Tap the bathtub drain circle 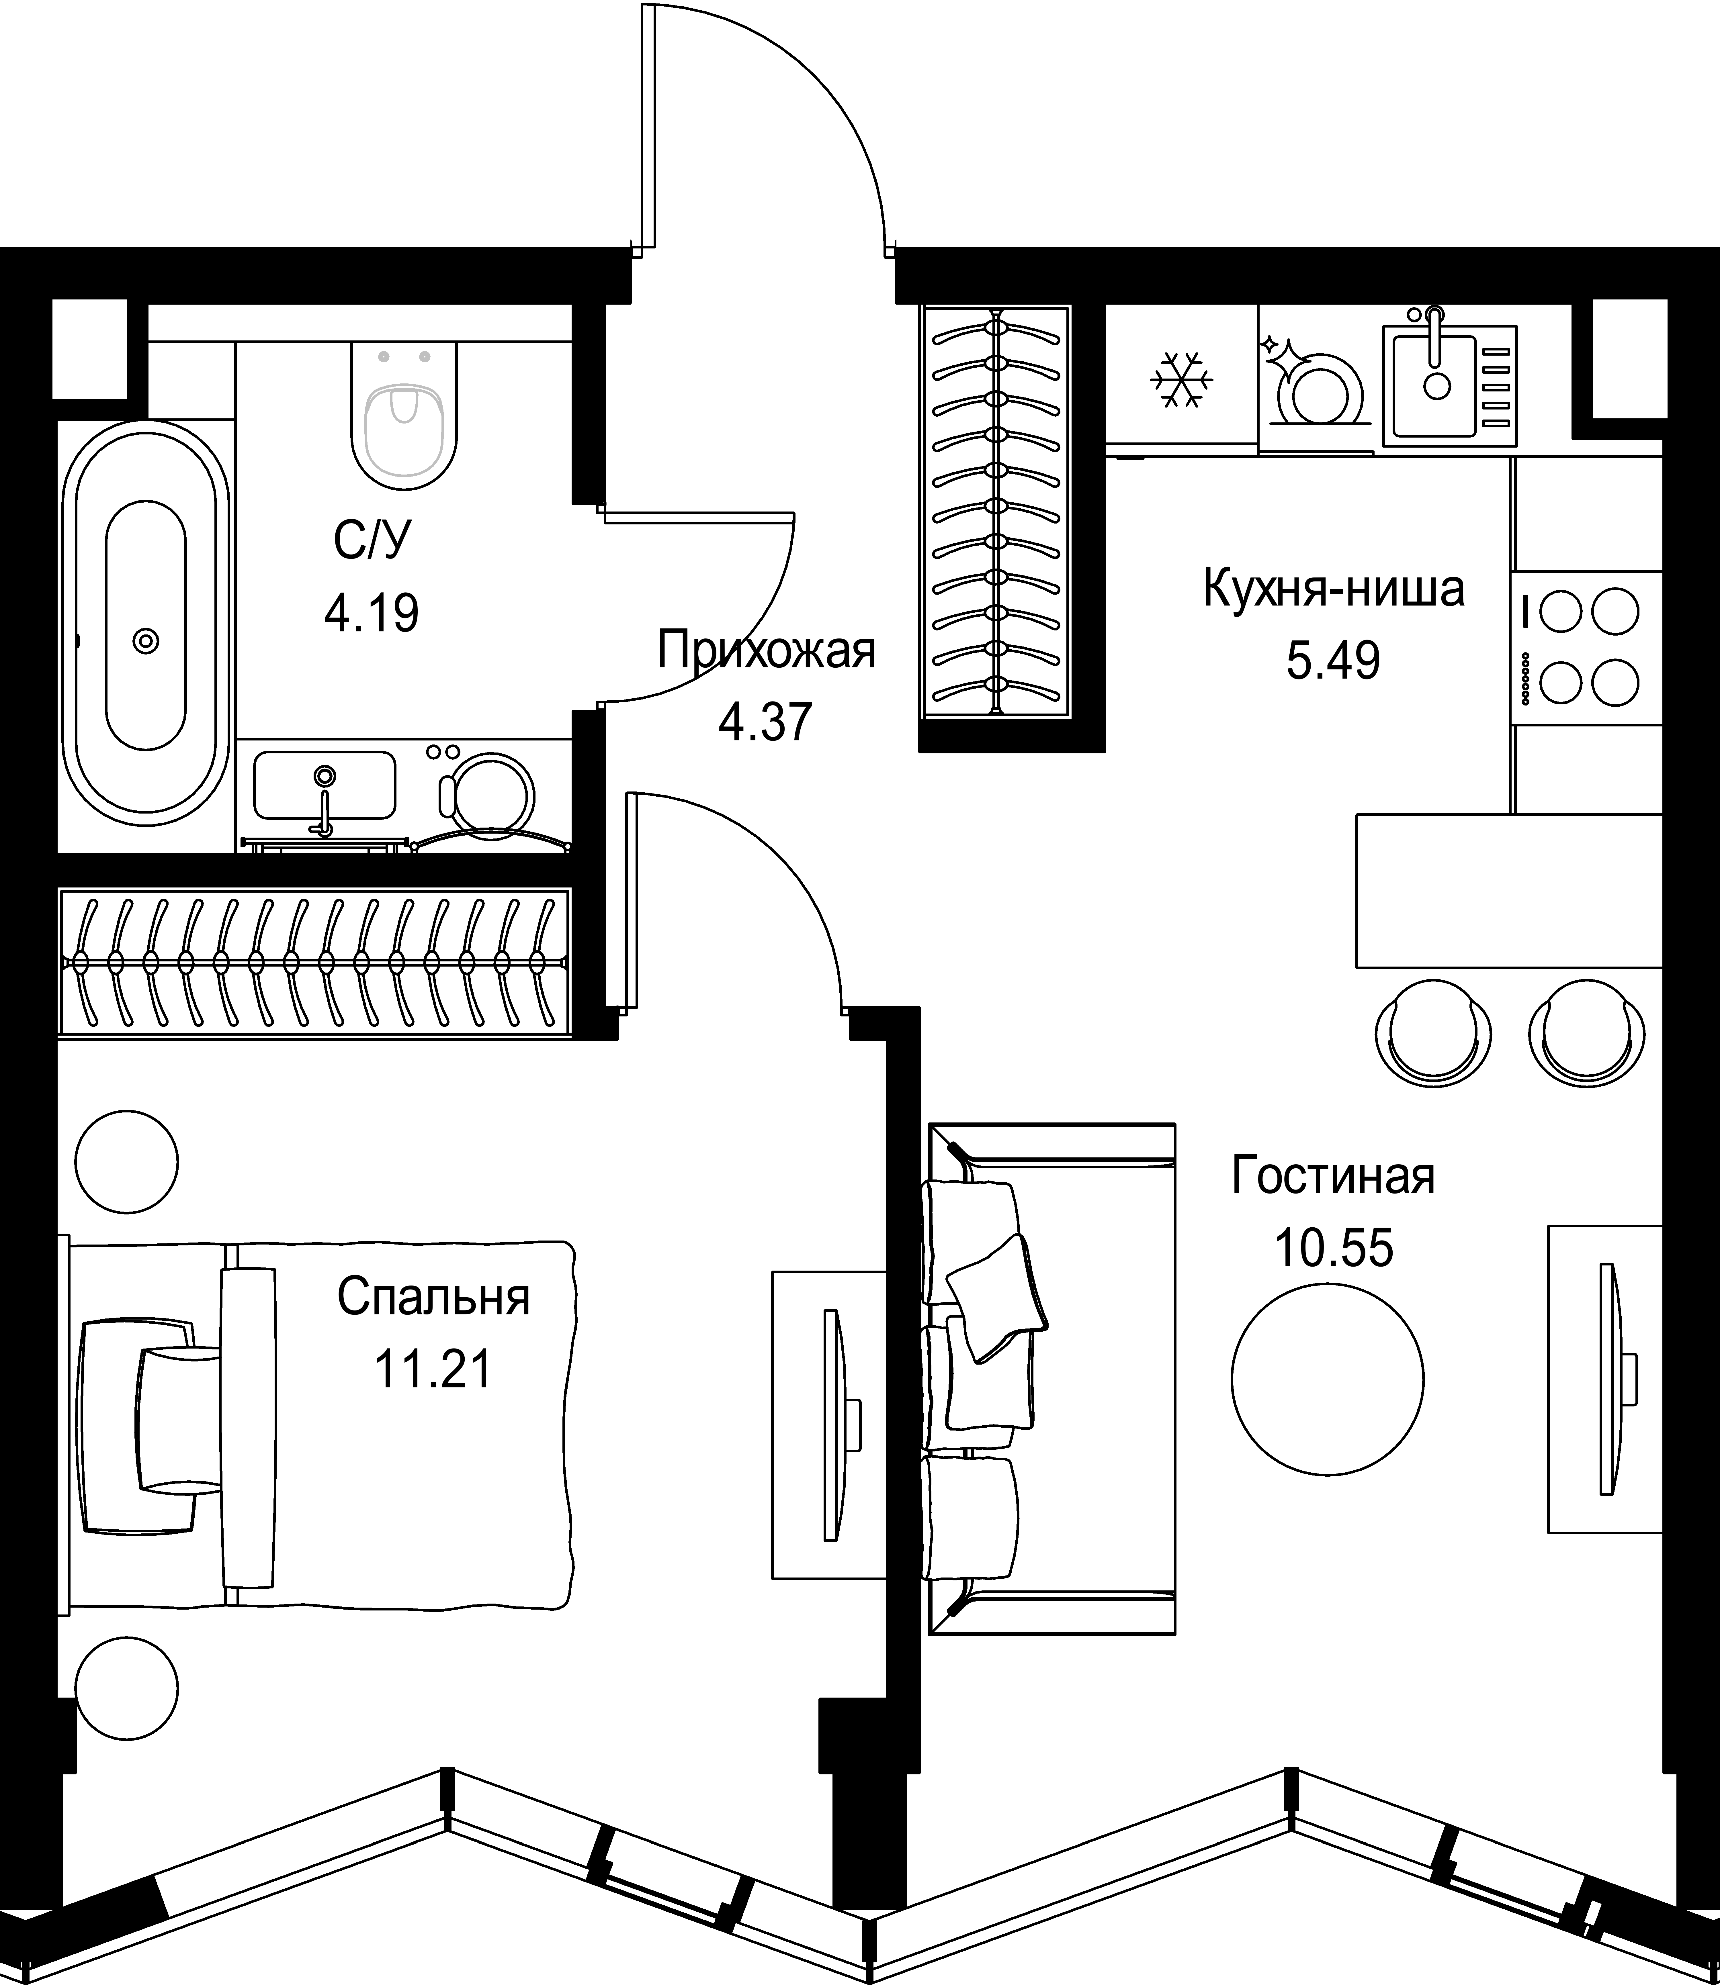(146, 640)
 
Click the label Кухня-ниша (1333, 590)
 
